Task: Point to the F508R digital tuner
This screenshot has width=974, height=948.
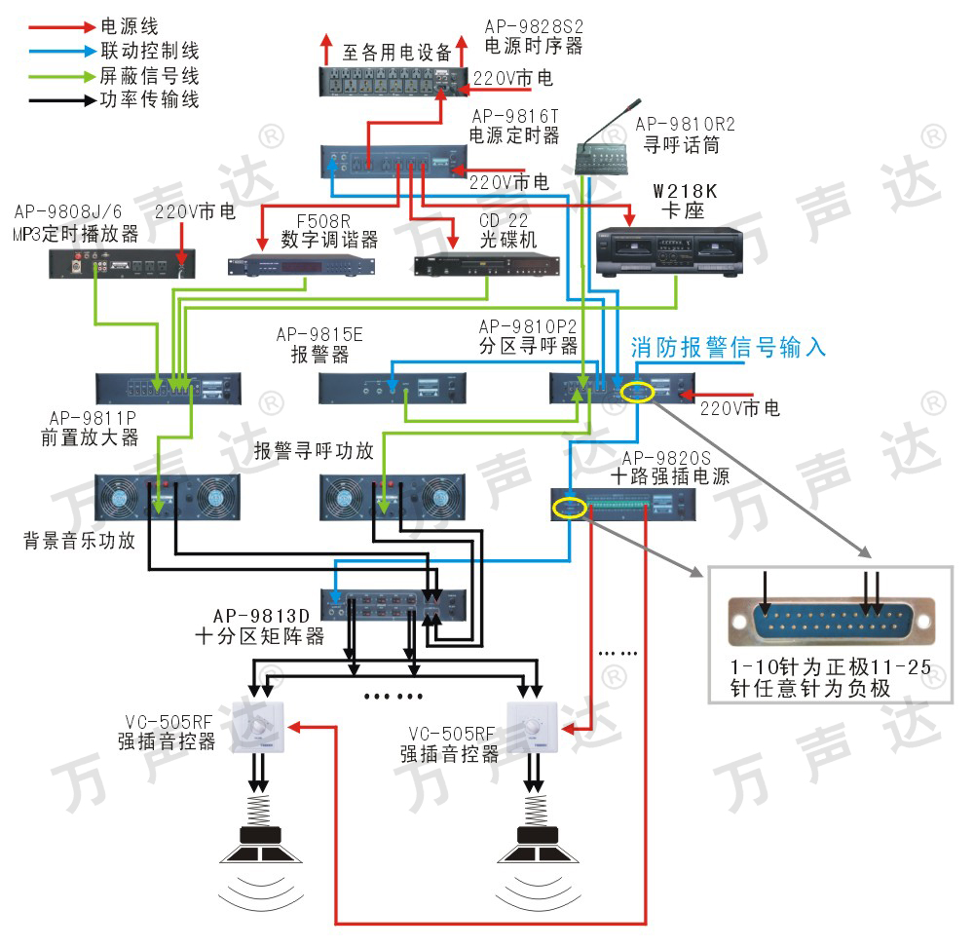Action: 302,265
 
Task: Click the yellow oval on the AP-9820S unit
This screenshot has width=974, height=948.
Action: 569,507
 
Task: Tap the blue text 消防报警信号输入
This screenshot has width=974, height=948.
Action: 729,347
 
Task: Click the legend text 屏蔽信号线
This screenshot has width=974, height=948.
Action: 149,75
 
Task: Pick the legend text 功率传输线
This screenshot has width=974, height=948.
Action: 149,99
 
